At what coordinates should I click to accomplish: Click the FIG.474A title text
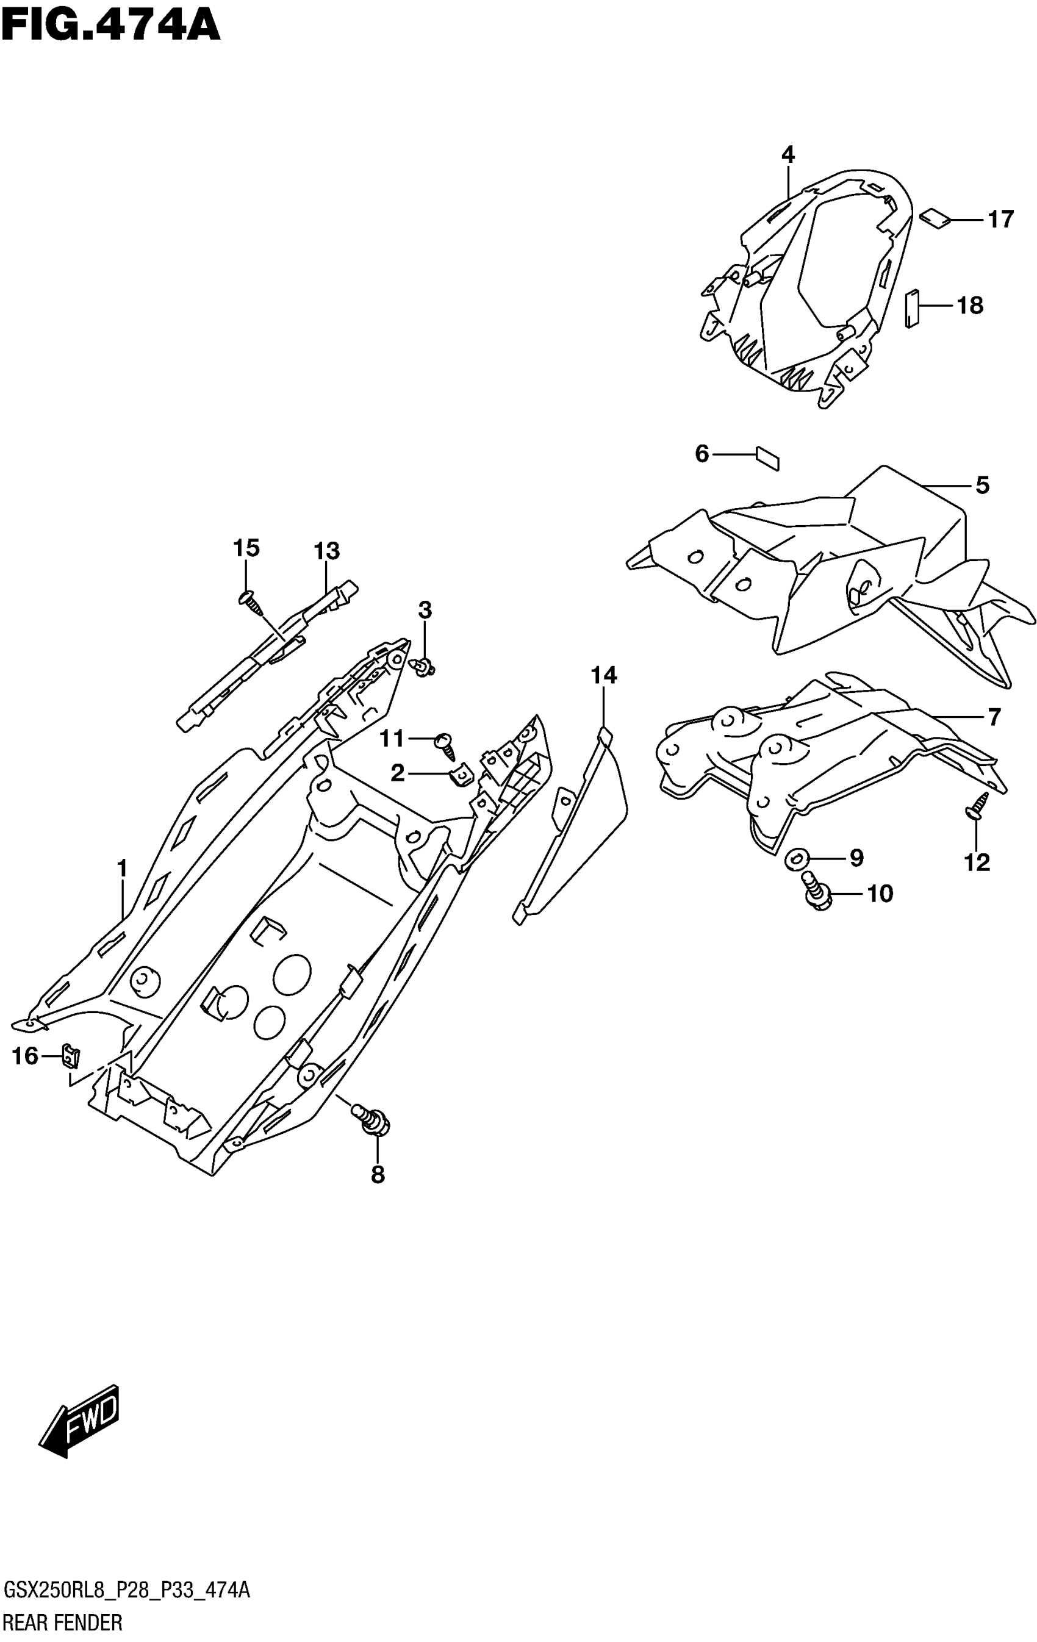tap(110, 27)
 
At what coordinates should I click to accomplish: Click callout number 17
tap(1001, 220)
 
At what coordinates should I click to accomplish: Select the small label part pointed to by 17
tap(935, 220)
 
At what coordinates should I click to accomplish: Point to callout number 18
tap(970, 306)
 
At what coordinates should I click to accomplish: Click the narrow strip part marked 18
tap(912, 309)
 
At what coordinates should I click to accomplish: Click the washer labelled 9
tap(795, 860)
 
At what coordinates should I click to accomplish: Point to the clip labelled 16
tap(71, 1056)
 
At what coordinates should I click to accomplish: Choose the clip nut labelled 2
tap(462, 774)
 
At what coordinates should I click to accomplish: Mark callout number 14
tap(603, 676)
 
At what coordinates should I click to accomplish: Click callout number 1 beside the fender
tap(122, 869)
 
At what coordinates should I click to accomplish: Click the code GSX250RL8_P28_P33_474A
tap(127, 1591)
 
